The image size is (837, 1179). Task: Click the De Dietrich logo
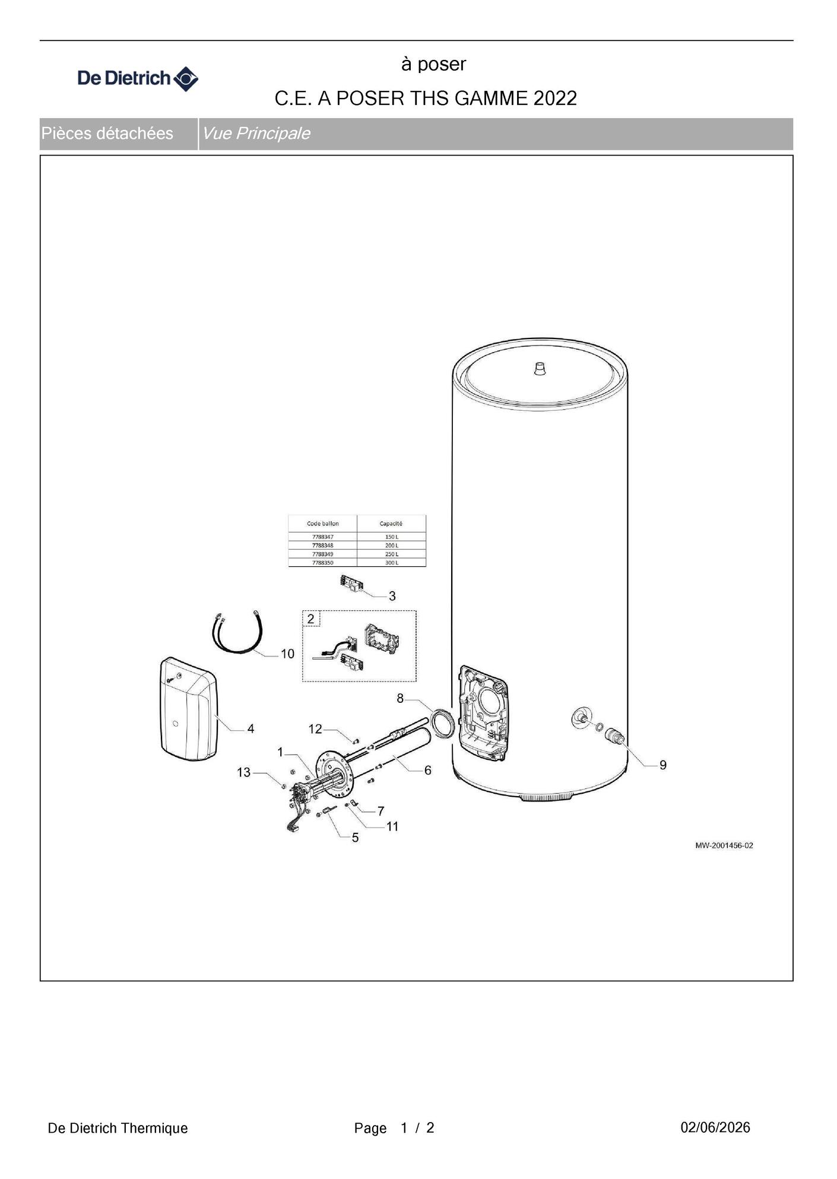tap(138, 78)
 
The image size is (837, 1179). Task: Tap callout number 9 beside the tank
tap(663, 765)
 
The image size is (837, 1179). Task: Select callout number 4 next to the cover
tap(251, 728)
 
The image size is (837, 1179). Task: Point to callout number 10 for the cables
tap(287, 654)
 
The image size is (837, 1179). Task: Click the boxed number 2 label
tap(311, 619)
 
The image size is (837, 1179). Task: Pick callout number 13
tap(243, 772)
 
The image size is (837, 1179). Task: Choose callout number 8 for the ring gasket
tap(400, 699)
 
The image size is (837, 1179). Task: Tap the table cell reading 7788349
tap(322, 554)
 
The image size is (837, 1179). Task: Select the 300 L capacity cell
tap(392, 562)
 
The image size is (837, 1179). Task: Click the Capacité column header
tap(391, 524)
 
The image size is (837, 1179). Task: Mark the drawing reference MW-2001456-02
tap(724, 845)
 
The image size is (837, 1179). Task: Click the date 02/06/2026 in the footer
tap(715, 1127)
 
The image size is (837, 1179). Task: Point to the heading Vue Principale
tap(256, 133)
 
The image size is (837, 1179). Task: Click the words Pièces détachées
tap(107, 133)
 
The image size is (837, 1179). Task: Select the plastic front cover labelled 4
tap(189, 708)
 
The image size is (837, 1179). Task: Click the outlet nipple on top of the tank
tap(540, 369)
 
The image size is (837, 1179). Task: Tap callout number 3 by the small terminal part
tap(392, 596)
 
